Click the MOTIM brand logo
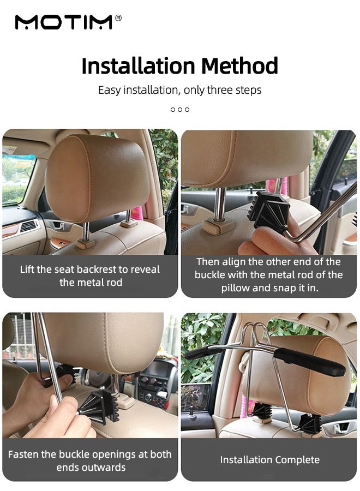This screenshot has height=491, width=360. [63, 22]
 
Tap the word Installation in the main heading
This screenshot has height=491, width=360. [139, 66]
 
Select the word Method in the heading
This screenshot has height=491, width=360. [239, 66]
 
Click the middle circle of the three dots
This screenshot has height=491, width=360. [180, 110]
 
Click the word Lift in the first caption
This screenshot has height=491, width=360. [28, 270]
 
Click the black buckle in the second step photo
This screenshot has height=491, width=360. [268, 209]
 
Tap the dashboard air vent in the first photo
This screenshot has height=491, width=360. [29, 225]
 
